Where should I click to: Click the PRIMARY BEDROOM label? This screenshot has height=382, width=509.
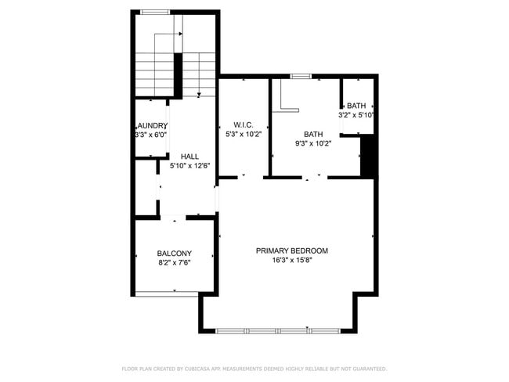click(291, 250)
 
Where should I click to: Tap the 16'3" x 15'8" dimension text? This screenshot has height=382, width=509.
click(291, 261)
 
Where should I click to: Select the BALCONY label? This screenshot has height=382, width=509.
click(174, 253)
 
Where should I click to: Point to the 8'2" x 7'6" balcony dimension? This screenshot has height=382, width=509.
click(174, 262)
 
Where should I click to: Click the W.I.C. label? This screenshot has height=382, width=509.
click(243, 124)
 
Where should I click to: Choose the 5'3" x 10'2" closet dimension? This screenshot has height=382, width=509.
click(243, 134)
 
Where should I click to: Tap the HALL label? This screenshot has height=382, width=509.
click(189, 156)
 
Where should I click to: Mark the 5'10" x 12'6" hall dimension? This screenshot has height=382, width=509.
click(189, 165)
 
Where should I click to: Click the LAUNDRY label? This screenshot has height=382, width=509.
click(152, 126)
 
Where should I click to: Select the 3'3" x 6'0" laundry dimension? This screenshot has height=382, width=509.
click(151, 135)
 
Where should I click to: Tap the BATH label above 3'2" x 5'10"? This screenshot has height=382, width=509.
click(356, 106)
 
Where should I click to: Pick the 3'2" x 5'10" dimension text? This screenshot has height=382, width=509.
click(356, 115)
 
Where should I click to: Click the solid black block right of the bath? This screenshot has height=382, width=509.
click(368, 157)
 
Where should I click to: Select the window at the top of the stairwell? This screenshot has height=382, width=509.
click(155, 12)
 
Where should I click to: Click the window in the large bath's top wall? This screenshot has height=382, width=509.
click(300, 76)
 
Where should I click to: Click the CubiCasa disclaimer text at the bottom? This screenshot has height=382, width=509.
click(254, 369)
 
